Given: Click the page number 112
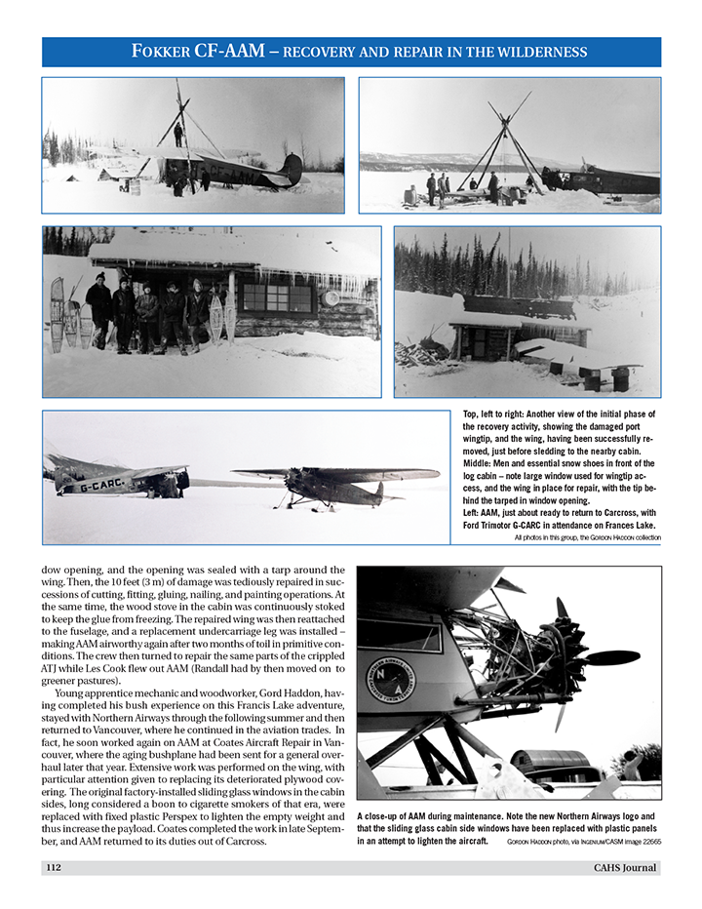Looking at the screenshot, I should click(x=55, y=868).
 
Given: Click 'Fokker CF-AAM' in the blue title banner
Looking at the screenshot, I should click(x=199, y=52).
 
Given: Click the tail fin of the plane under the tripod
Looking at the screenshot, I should click(x=291, y=171).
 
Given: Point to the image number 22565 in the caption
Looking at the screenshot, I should click(x=644, y=841).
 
